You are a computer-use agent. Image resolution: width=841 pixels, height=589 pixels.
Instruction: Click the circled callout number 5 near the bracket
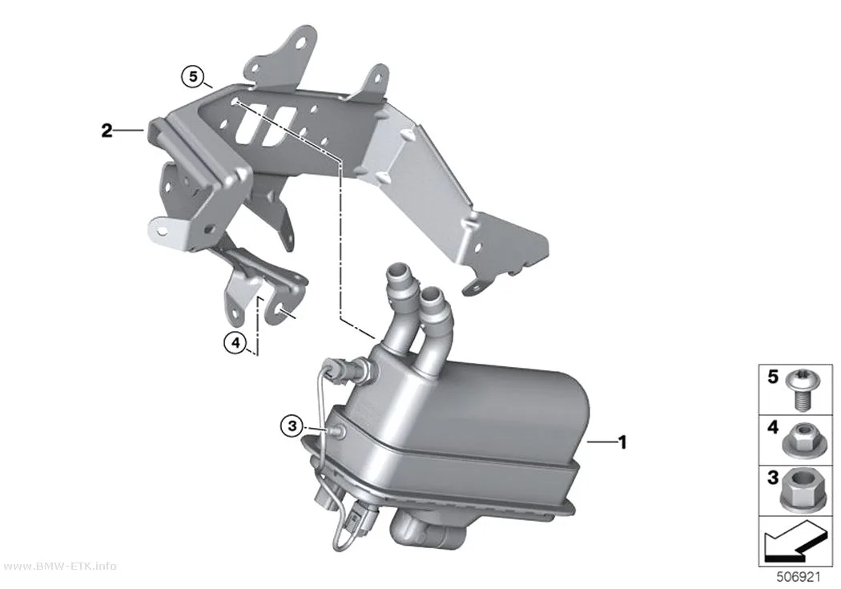(x=193, y=76)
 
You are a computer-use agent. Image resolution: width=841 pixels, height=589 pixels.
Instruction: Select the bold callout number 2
(x=107, y=131)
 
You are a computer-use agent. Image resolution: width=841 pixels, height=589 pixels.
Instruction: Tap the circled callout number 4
(x=235, y=342)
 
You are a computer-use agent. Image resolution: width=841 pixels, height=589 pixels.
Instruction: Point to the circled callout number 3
(x=292, y=426)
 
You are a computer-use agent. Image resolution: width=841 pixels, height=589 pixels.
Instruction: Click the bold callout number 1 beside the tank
(x=622, y=442)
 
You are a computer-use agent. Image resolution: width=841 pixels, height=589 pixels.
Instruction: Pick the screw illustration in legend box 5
(x=801, y=391)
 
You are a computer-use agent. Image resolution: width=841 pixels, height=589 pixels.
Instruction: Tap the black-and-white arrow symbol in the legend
(x=796, y=541)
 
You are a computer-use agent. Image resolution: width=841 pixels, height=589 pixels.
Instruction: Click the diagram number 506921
(x=799, y=577)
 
